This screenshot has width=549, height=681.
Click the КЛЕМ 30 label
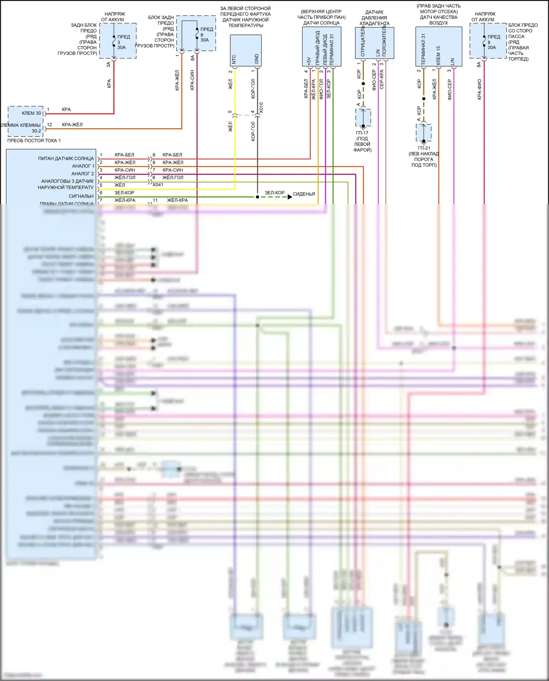click(31, 113)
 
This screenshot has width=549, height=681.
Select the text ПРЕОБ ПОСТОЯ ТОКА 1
click(34, 141)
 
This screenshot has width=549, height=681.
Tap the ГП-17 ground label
click(362, 133)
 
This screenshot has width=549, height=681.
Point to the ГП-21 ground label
click(424, 148)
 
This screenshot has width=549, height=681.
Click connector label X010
click(261, 107)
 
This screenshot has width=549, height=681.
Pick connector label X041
click(158, 185)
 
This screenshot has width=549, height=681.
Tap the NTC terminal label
click(234, 59)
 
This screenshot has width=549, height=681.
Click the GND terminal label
click(257, 59)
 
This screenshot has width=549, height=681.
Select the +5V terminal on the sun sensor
click(309, 61)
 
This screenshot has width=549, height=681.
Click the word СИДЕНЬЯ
click(304, 194)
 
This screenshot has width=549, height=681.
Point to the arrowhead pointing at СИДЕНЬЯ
click(290, 197)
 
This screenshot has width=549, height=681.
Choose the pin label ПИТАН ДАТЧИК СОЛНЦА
click(66, 158)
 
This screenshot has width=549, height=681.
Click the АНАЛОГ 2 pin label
click(82, 173)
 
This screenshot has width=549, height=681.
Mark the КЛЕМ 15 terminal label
click(438, 55)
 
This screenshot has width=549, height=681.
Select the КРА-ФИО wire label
click(479, 89)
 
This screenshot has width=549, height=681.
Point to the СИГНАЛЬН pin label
click(81, 196)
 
